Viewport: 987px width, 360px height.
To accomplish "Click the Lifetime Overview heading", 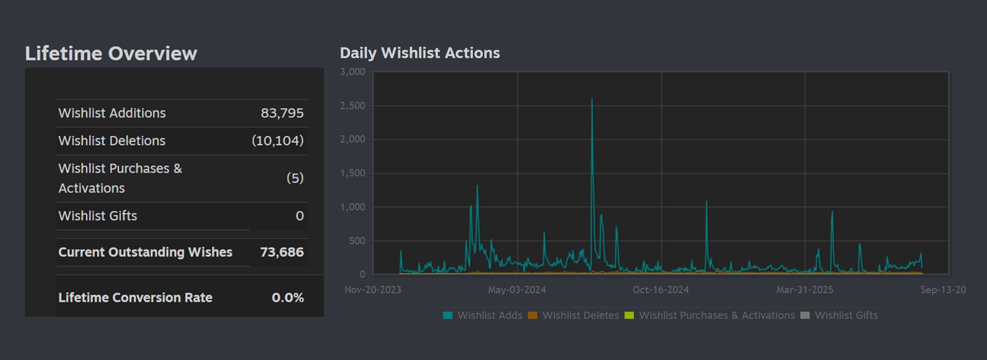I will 111,53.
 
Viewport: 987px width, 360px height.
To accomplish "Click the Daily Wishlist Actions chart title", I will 419,53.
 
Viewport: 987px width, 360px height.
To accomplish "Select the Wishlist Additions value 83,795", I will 282,113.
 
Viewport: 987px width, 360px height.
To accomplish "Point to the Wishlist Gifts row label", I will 98,216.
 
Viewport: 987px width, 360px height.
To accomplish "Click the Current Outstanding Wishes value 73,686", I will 282,252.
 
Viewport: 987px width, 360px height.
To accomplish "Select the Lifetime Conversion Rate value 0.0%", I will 287,298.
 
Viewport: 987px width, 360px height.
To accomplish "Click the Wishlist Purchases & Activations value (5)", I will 295,178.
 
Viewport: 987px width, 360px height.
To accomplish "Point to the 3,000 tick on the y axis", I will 353,72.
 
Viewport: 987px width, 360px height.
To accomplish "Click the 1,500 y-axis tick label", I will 353,173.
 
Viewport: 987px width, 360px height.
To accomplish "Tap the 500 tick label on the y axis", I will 357,241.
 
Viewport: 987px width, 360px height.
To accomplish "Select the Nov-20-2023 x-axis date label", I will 373,290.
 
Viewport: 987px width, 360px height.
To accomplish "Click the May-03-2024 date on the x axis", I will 517,290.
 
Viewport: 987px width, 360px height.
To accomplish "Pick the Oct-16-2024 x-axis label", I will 661,290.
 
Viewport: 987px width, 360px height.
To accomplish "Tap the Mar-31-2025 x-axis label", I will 805,290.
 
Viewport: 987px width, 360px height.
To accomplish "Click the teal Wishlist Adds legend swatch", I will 448,315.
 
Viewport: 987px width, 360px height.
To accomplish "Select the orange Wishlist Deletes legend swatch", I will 533,315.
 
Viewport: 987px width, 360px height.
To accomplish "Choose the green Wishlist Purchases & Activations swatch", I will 629,315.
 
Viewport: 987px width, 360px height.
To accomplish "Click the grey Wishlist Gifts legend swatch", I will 805,315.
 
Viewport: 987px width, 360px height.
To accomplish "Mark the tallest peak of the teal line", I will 592,99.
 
